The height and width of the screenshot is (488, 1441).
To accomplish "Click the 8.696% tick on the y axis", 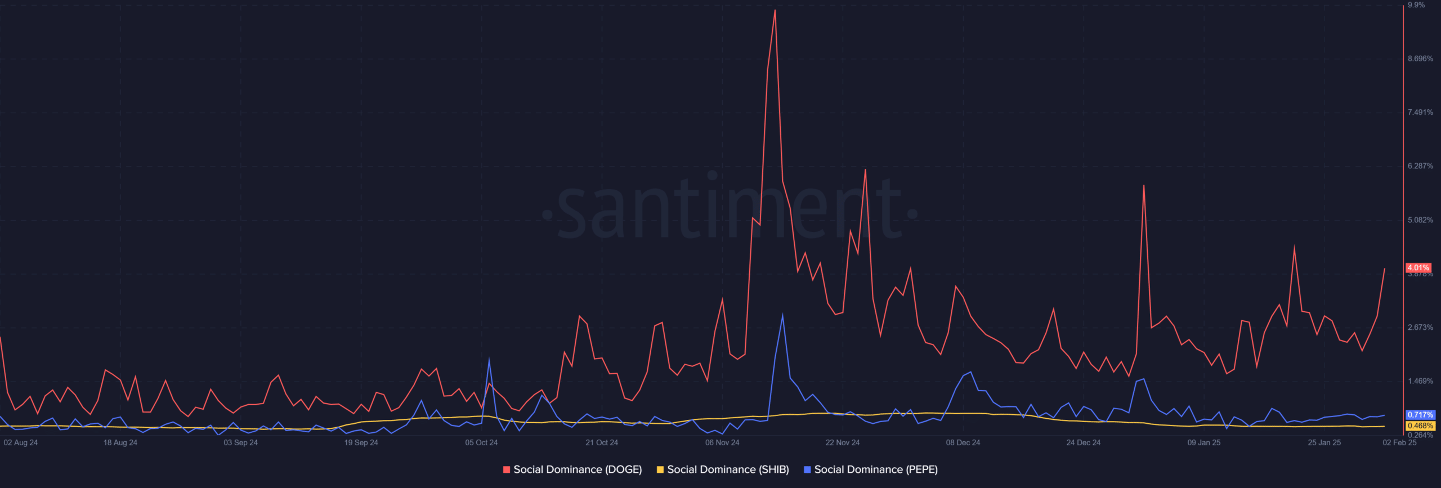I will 1420,59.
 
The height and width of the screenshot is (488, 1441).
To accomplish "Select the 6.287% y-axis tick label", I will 1420,166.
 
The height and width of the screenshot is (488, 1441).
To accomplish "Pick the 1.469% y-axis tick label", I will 1420,381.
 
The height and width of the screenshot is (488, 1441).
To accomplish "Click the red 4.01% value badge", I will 1418,268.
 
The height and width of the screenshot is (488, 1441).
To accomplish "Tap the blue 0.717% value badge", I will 1420,415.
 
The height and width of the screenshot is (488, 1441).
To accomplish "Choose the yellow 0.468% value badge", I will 1420,426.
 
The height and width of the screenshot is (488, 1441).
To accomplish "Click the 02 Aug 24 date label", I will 21,442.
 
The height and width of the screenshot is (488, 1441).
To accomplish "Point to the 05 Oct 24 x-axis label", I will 481,442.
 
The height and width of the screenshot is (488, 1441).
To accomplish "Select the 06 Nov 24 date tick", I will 722,442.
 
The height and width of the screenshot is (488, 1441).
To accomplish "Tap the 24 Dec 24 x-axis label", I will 1083,442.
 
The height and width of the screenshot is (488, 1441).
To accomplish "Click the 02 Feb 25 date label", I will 1399,442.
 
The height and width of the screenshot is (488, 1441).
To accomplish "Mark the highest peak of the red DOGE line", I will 775,10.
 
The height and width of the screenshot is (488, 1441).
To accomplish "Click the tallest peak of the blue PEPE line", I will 782,315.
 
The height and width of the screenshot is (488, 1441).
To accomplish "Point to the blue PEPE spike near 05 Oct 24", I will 489,359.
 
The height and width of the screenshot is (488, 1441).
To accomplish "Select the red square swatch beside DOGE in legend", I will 507,469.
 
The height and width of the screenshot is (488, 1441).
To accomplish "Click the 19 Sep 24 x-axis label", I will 361,442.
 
